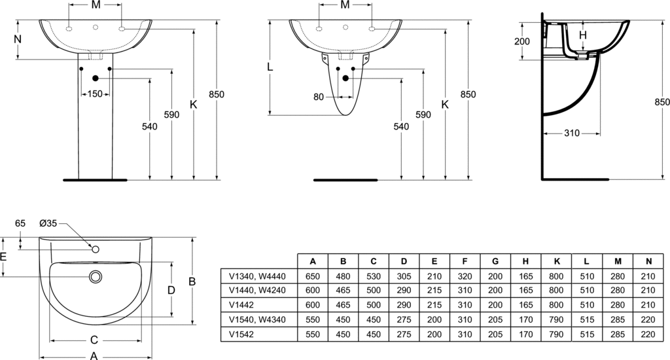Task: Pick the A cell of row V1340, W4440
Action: click(313, 276)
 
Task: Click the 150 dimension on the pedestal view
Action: click(95, 94)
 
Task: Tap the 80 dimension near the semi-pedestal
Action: click(319, 97)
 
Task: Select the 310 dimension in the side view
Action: click(572, 134)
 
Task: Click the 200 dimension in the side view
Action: click(521, 41)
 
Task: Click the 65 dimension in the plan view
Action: click(20, 223)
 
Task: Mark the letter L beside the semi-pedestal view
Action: click(270, 67)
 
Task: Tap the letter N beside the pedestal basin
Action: click(18, 39)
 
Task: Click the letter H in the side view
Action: click(583, 35)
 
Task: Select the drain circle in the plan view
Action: click(96, 277)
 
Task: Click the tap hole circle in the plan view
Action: click(96, 249)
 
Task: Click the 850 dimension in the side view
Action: click(661, 101)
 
